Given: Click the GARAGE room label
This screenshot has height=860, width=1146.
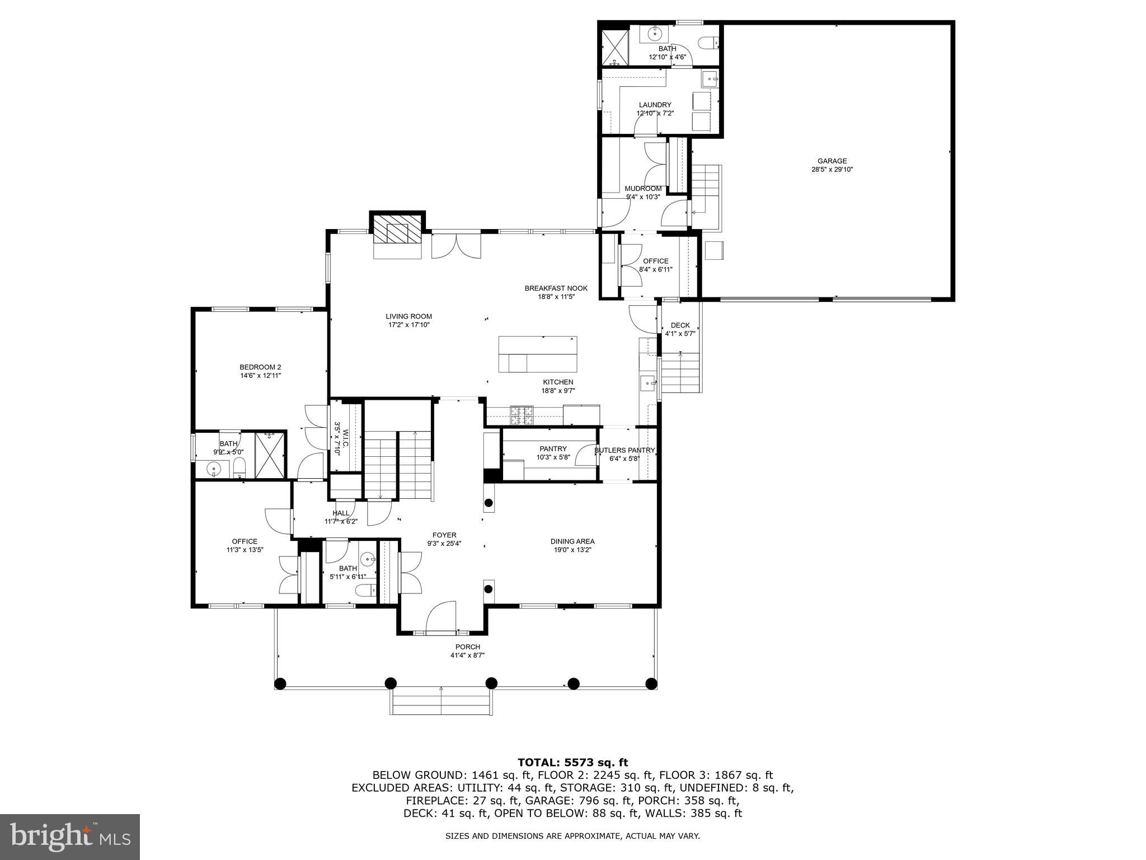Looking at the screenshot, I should (832, 161).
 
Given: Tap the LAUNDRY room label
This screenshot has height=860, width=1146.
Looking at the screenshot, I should (655, 105).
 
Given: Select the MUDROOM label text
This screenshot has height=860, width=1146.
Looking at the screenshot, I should (643, 189).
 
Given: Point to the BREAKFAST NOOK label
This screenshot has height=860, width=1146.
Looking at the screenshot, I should (556, 288).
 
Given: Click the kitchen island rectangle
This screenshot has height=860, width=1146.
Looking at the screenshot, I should (538, 354).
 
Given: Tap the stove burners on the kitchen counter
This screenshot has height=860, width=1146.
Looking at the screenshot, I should (522, 415).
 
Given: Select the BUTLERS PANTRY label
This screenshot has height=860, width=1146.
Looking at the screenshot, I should (624, 450).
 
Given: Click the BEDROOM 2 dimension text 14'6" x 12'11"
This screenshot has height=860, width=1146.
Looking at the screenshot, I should (260, 376).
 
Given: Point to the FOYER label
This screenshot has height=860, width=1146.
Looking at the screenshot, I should (444, 535).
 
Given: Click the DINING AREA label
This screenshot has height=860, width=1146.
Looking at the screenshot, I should (572, 541).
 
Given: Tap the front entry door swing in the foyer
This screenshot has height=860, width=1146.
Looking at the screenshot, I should (442, 618).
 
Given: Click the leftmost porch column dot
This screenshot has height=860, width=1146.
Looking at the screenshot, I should (280, 683).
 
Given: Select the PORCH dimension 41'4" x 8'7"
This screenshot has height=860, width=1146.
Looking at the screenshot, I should (467, 655).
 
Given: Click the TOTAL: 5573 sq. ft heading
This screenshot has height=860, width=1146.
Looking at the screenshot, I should (572, 762).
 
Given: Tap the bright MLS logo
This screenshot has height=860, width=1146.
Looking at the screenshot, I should (70, 836).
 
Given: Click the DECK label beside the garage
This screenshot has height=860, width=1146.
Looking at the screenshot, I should (680, 325).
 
